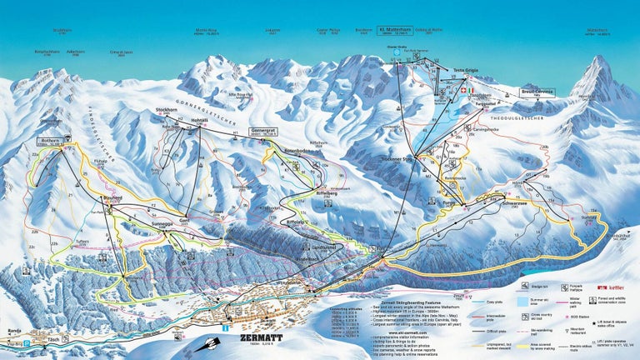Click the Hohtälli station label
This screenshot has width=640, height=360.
coord(200,120)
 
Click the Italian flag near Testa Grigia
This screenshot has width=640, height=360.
coord(472,90)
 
